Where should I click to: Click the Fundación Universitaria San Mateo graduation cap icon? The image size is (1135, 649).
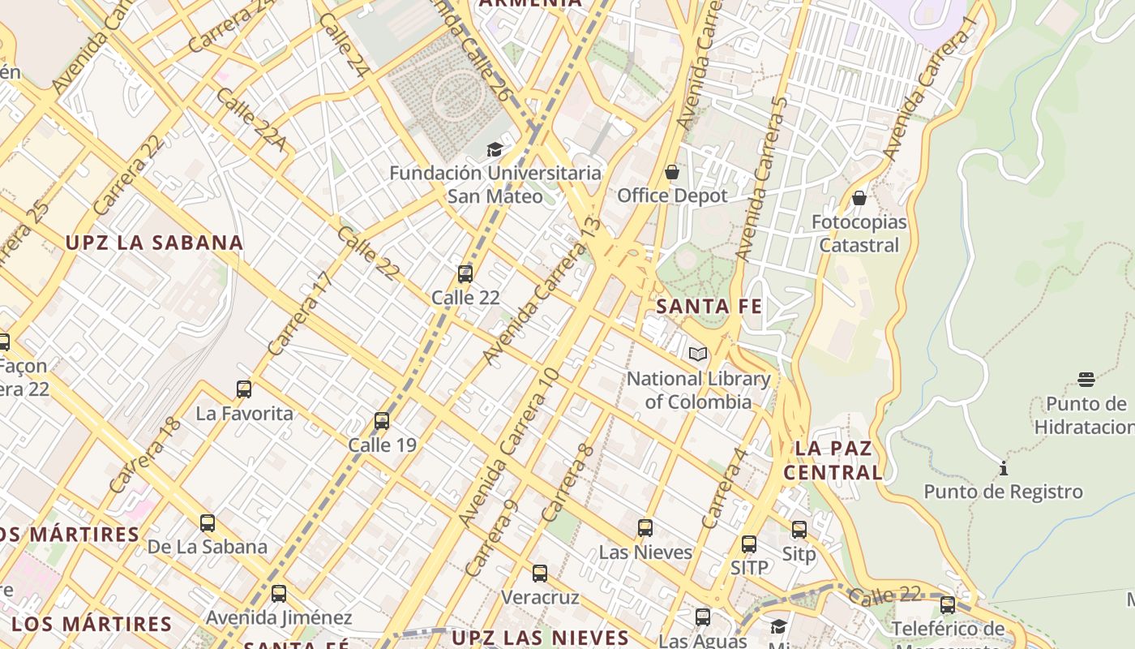click(495, 149)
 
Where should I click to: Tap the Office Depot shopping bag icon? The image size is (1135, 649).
click(671, 172)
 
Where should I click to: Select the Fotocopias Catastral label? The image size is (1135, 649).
click(859, 234)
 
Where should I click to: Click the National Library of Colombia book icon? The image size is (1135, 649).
click(697, 354)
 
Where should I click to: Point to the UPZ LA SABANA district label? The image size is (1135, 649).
click(154, 243)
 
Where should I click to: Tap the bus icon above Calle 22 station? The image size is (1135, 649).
click(465, 274)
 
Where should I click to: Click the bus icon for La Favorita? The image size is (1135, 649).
click(244, 389)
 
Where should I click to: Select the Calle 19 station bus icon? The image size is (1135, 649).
click(382, 421)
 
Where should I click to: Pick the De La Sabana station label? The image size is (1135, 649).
click(208, 547)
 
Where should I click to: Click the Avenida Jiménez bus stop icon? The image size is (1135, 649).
click(279, 594)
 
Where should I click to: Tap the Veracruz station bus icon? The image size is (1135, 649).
click(540, 574)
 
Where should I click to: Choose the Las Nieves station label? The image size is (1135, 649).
click(645, 552)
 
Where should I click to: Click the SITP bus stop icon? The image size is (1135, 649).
click(749, 544)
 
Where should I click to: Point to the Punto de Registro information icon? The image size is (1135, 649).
click(1004, 468)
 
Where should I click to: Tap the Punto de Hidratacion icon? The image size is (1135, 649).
click(1086, 380)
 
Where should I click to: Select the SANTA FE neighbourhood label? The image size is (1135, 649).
click(709, 307)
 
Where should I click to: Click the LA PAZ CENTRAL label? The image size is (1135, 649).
click(833, 460)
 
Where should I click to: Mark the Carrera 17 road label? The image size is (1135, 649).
click(300, 314)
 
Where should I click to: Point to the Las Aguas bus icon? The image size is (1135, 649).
click(703, 617)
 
